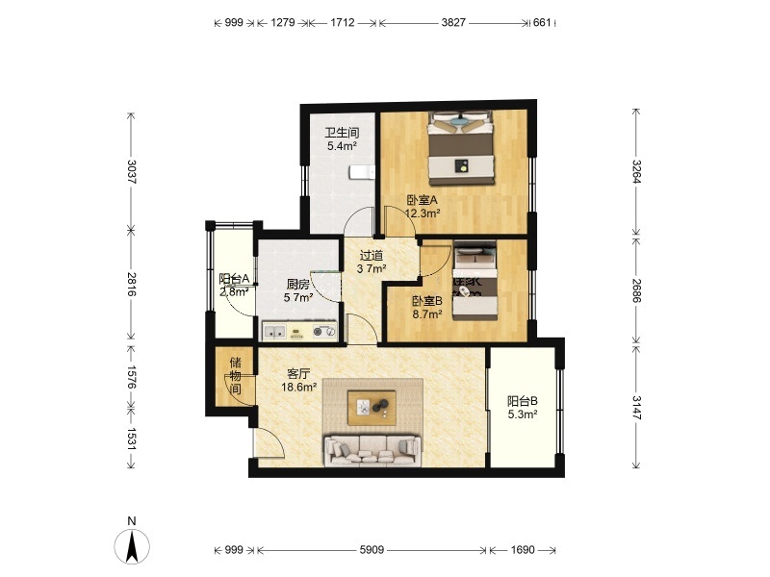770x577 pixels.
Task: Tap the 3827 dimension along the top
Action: point(452,22)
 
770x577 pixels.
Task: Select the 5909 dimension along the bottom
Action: point(372,550)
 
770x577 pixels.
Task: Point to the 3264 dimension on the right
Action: point(636,171)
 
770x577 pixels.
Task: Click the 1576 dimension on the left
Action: point(131,376)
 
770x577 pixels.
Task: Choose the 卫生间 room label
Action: point(343,133)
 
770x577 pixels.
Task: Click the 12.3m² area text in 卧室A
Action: point(423,213)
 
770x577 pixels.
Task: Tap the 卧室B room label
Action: point(427,301)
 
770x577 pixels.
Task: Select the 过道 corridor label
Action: point(372,256)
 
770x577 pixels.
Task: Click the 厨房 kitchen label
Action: point(298,284)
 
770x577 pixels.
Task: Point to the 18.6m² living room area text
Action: point(298,388)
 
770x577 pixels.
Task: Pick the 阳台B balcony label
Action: point(523,401)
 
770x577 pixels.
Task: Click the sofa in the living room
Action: point(372,450)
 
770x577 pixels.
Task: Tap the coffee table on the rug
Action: point(372,407)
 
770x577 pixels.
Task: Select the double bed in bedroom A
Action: point(461,148)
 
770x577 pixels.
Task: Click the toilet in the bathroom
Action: point(362,172)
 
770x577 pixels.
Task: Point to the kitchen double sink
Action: point(274,332)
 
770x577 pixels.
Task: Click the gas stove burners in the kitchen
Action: point(324,332)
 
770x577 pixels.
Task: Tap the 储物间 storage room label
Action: point(236,376)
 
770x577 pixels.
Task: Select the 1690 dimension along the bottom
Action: point(522,550)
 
